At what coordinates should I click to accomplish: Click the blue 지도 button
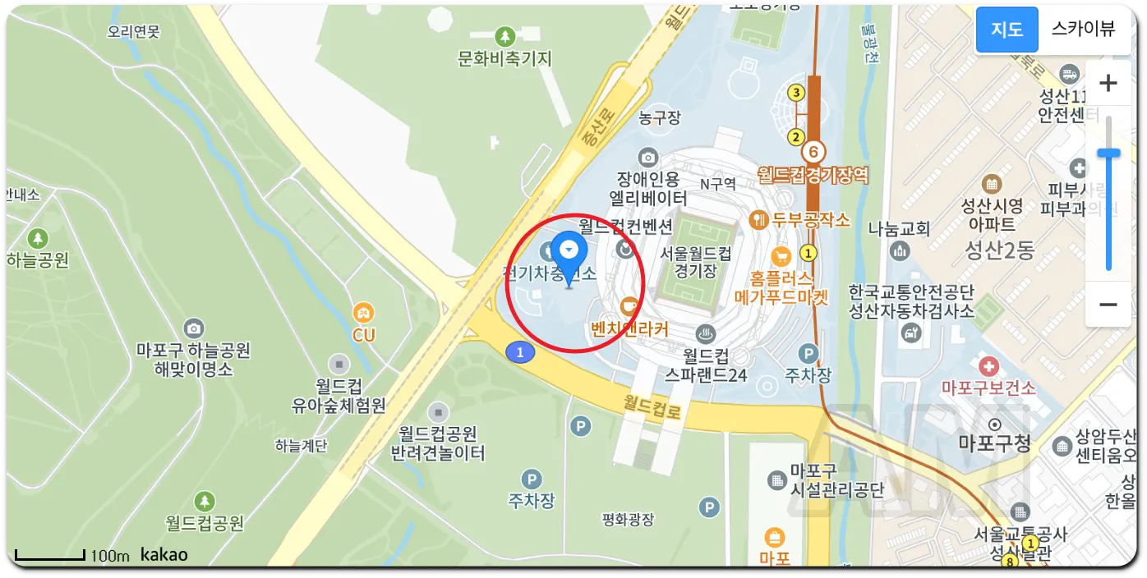[1007, 30]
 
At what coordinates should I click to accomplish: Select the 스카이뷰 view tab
[1083, 30]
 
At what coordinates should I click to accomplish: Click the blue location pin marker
[568, 250]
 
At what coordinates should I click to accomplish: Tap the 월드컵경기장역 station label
[813, 175]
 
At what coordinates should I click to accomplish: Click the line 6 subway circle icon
[813, 151]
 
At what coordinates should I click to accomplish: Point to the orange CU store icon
[363, 313]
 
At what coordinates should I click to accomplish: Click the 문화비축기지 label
[504, 59]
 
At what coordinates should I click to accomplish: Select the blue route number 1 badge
[520, 352]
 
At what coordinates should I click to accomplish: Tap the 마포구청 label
[994, 443]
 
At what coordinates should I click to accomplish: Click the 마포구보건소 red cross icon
[989, 365]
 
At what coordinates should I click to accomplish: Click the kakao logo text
[164, 555]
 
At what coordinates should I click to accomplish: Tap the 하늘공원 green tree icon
[37, 239]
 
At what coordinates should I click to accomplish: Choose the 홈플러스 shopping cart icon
[781, 255]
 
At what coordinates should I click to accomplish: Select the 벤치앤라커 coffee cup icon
[630, 306]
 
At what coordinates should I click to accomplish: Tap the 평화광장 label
[628, 519]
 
